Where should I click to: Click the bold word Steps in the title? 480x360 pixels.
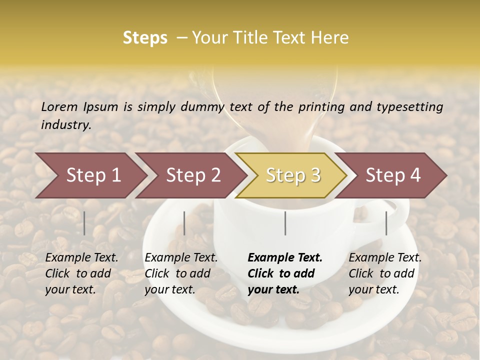[145, 38]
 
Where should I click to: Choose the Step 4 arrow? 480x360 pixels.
[392, 175]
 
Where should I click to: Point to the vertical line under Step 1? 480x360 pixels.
[84, 223]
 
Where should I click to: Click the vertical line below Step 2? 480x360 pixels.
[184, 223]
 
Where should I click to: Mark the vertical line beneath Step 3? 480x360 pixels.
[285, 223]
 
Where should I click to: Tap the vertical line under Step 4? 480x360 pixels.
[386, 223]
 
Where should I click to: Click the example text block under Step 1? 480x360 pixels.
[81, 273]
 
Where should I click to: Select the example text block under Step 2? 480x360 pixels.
[181, 273]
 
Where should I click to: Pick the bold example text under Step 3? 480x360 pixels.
[285, 273]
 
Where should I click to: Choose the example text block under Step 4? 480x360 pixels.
[385, 273]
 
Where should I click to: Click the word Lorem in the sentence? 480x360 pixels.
[59, 106]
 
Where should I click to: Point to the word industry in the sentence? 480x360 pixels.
[66, 124]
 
